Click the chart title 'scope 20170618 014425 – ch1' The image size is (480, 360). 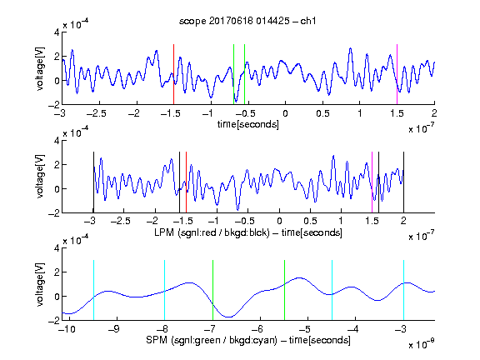[247, 21]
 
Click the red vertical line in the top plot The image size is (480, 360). [173, 74]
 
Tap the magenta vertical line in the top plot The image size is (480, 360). [397, 74]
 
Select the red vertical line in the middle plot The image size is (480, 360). [186, 182]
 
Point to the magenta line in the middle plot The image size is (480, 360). [372, 182]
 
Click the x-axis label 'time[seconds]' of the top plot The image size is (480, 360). [248, 124]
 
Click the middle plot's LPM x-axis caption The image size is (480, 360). [248, 232]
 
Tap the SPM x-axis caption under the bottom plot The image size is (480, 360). [248, 340]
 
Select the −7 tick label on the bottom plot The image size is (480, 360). [209, 329]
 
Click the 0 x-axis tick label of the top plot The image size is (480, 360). [285, 113]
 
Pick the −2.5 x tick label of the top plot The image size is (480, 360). [96, 113]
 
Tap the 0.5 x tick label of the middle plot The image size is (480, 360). [310, 221]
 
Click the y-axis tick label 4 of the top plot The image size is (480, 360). [57, 32]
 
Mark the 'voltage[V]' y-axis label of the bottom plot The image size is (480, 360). [40, 284]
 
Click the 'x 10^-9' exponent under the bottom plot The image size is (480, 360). [422, 344]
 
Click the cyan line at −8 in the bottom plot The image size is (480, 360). [165, 290]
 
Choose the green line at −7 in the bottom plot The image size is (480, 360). [212, 290]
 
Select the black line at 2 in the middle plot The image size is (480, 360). [404, 182]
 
